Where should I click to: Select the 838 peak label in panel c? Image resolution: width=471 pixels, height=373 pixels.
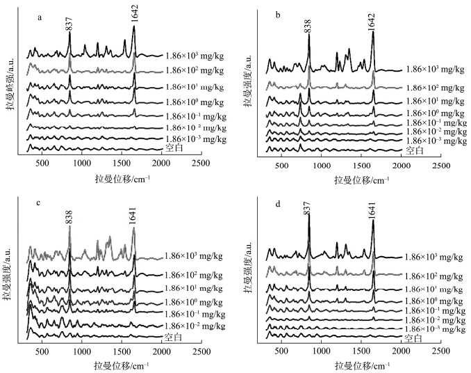click(x=69, y=218)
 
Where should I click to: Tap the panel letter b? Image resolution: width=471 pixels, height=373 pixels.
click(x=278, y=15)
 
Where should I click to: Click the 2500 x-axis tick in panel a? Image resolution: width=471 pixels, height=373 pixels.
click(x=200, y=163)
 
